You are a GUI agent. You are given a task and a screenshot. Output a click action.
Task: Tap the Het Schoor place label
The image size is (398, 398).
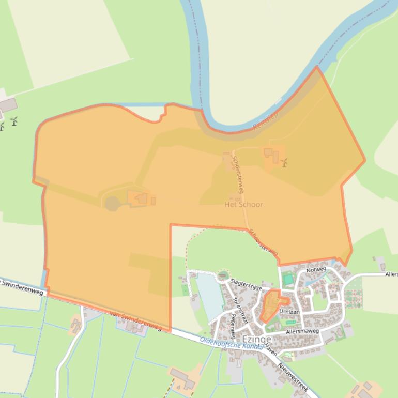tap(243, 204)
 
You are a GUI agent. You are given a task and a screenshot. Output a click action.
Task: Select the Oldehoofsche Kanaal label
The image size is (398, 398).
tap(232, 345)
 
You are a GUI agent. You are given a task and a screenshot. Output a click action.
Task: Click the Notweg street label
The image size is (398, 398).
tap(316, 270)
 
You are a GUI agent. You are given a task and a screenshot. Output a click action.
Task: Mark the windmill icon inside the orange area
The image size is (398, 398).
tap(284, 162)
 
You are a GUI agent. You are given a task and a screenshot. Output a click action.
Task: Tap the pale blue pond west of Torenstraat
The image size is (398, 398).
tap(208, 297)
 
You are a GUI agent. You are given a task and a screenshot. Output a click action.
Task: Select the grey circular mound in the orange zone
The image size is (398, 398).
tap(112, 204)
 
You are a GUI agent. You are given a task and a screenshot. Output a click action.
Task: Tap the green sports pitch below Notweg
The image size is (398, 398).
tap(288, 280)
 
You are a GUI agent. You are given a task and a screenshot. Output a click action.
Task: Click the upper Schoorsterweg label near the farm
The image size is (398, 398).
tap(240, 174)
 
